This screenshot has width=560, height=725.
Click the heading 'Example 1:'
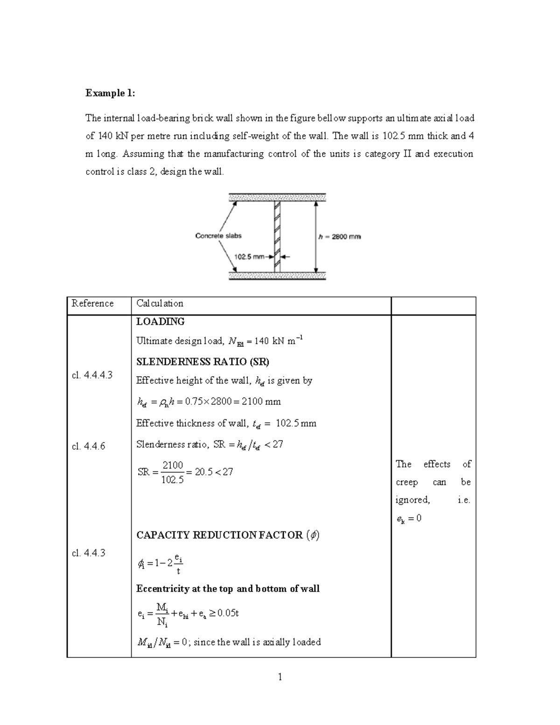(x=110, y=93)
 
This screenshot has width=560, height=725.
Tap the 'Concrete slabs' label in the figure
(x=218, y=236)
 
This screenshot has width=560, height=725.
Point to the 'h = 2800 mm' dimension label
(x=339, y=237)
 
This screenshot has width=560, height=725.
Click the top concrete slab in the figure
(x=277, y=197)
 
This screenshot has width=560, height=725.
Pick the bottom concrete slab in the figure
(x=277, y=276)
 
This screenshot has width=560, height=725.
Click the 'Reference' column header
(x=92, y=303)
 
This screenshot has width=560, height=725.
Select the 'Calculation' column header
(x=160, y=303)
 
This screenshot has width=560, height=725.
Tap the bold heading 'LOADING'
(x=160, y=322)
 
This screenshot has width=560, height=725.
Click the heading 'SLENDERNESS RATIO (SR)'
(x=203, y=362)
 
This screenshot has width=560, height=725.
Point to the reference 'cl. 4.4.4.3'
(x=92, y=375)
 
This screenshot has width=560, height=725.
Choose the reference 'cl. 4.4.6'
(x=89, y=446)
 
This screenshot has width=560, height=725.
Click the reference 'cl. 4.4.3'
(x=89, y=553)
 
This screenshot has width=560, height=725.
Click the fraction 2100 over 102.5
(x=172, y=472)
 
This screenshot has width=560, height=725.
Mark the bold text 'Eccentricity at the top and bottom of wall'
(x=228, y=589)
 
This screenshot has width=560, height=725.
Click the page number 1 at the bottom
(x=280, y=677)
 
